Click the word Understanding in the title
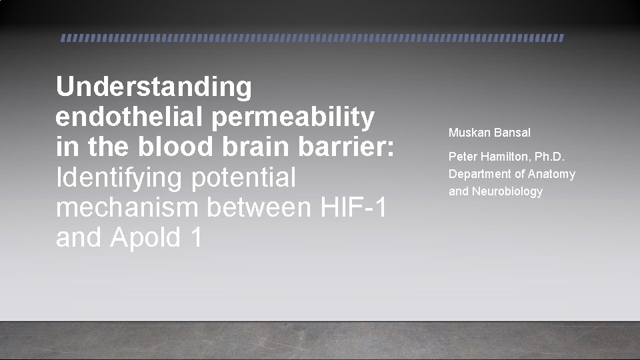click(x=154, y=87)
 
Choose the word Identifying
click(x=120, y=178)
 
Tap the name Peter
click(x=463, y=157)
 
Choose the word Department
click(x=479, y=175)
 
